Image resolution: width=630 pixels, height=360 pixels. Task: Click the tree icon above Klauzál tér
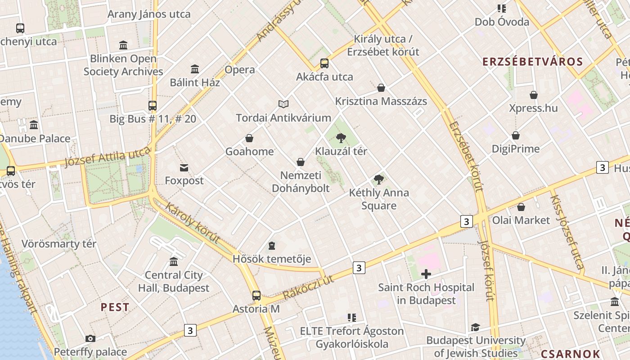[341, 138]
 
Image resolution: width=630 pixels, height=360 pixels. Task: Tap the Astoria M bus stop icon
[256, 296]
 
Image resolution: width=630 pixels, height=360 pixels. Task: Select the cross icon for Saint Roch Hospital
[426, 274]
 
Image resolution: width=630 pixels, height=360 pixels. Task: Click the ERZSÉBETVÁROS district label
[532, 62]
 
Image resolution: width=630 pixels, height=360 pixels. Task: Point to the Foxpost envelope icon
[184, 168]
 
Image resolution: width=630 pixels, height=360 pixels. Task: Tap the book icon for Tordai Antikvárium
[283, 104]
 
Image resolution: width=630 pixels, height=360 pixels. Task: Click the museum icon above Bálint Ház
[195, 69]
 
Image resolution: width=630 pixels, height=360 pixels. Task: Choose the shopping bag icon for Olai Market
[521, 207]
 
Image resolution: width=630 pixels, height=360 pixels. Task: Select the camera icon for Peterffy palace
[90, 338]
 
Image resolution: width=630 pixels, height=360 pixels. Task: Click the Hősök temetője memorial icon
[271, 246]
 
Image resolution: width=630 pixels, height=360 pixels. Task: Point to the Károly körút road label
[193, 223]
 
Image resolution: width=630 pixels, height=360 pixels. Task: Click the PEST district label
[115, 307]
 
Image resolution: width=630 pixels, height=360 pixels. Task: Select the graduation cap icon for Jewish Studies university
[475, 327]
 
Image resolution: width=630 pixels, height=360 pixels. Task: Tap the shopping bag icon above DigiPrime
[516, 135]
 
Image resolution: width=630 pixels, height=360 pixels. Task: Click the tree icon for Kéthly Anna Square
[379, 180]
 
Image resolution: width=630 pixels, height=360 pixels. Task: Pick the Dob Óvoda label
[502, 22]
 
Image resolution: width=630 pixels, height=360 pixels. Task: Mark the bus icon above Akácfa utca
[324, 63]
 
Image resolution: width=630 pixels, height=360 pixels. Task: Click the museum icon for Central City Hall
[174, 261]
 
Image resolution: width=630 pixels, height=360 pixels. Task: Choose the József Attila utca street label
[107, 158]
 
